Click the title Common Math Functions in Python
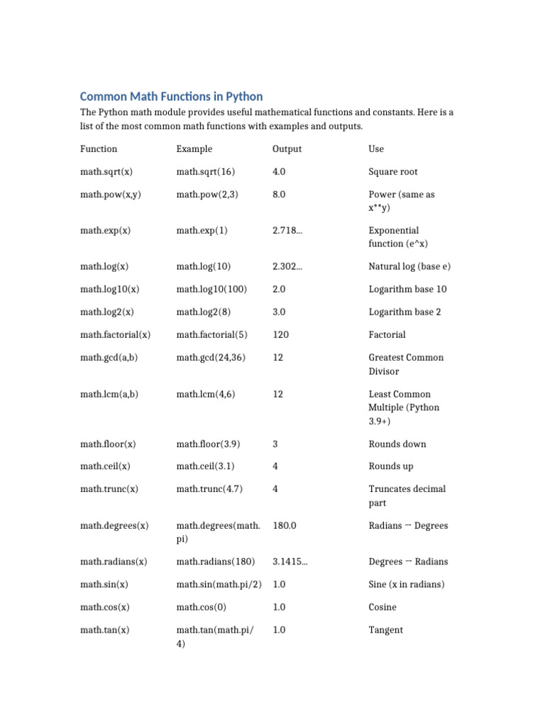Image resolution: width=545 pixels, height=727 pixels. click(x=171, y=97)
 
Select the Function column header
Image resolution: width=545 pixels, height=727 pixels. click(x=99, y=149)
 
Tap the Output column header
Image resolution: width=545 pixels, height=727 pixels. click(x=287, y=149)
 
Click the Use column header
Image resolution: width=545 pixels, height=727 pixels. click(x=376, y=149)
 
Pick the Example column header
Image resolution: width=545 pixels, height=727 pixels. click(x=194, y=149)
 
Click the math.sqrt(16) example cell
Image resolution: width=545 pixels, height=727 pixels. click(x=205, y=172)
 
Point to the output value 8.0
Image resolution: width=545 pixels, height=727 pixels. click(x=279, y=195)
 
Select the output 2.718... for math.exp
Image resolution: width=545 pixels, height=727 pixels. click(x=287, y=231)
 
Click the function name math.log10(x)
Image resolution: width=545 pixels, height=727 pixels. click(x=109, y=290)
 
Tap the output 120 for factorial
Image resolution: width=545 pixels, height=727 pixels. click(x=280, y=335)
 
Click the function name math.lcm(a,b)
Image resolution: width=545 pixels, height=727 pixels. click(x=108, y=394)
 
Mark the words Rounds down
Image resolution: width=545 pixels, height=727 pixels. click(x=397, y=444)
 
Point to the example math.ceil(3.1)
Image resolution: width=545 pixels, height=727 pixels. click(x=205, y=466)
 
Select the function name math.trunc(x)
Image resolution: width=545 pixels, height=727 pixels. click(x=109, y=489)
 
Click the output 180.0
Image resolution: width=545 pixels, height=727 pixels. click(x=284, y=526)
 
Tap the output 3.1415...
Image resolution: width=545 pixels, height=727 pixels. click(x=290, y=562)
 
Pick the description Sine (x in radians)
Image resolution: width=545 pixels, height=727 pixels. click(x=406, y=584)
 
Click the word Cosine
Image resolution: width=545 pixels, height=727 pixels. click(x=382, y=607)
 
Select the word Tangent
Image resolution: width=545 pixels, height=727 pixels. click(x=385, y=630)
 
